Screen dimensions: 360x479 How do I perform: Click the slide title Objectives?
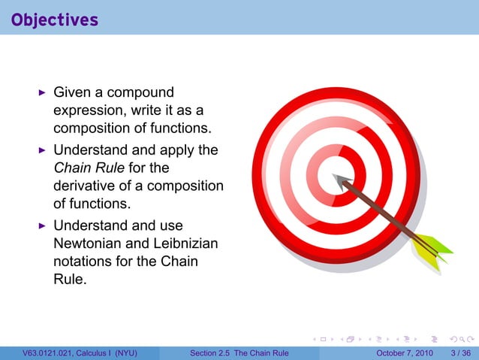55,20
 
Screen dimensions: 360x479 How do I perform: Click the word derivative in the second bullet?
86,186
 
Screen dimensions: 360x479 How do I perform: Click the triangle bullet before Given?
43,92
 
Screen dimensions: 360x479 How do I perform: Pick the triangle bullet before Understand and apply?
43,150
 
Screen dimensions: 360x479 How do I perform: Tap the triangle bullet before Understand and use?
43,225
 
